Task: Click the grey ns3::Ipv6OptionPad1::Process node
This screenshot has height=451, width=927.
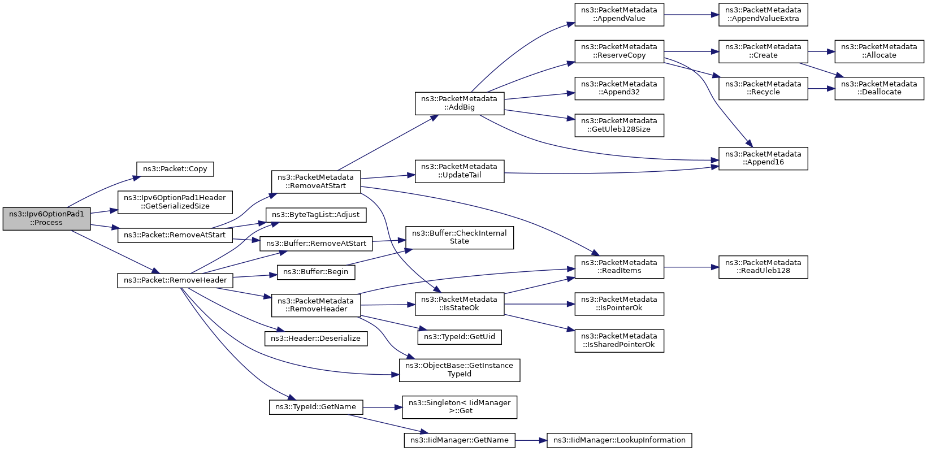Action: (x=46, y=219)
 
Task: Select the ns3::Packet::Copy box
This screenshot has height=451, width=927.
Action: (x=175, y=169)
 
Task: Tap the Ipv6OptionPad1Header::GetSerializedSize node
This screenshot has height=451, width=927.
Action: (x=175, y=202)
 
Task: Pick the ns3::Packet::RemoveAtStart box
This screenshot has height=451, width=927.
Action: (x=175, y=235)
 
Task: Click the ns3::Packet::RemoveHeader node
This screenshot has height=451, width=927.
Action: (x=175, y=280)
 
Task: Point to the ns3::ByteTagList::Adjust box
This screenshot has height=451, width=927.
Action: (x=315, y=215)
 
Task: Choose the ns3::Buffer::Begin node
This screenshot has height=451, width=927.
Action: (x=315, y=272)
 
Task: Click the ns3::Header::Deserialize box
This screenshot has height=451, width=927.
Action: (x=315, y=339)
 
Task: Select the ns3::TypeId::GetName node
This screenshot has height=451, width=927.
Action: (x=315, y=407)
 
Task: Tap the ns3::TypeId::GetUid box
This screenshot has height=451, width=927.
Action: (x=460, y=337)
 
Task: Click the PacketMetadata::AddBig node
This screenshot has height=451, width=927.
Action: (x=459, y=103)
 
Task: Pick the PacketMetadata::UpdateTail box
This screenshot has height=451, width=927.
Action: (x=459, y=171)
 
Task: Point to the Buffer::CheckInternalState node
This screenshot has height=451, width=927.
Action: (x=459, y=237)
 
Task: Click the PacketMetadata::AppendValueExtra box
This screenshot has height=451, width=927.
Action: (x=763, y=15)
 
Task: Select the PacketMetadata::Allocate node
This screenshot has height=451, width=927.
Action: (x=879, y=51)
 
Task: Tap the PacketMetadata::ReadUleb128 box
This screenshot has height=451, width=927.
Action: (x=763, y=267)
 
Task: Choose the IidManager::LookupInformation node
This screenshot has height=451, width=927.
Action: (x=619, y=440)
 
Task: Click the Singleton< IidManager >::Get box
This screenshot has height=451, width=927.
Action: (x=459, y=407)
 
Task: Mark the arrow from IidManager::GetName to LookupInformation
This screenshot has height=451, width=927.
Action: (x=531, y=440)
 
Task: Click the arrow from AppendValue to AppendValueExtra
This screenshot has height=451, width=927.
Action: (x=691, y=15)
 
